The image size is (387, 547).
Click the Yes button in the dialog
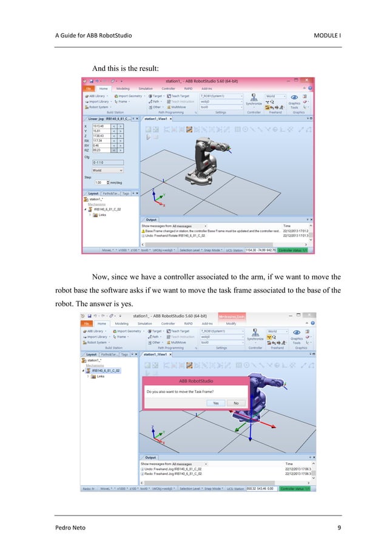click(215, 403)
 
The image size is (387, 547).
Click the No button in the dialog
click(236, 403)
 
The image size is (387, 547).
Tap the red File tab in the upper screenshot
click(87, 88)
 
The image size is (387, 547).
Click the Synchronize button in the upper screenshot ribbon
click(254, 103)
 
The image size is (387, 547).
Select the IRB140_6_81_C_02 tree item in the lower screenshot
click(106, 370)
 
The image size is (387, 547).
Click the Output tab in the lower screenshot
click(151, 457)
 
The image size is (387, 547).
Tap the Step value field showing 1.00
click(99, 182)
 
